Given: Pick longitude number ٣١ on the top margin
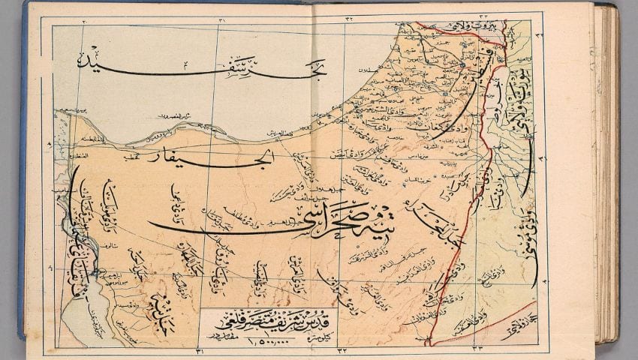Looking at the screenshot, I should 220,18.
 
